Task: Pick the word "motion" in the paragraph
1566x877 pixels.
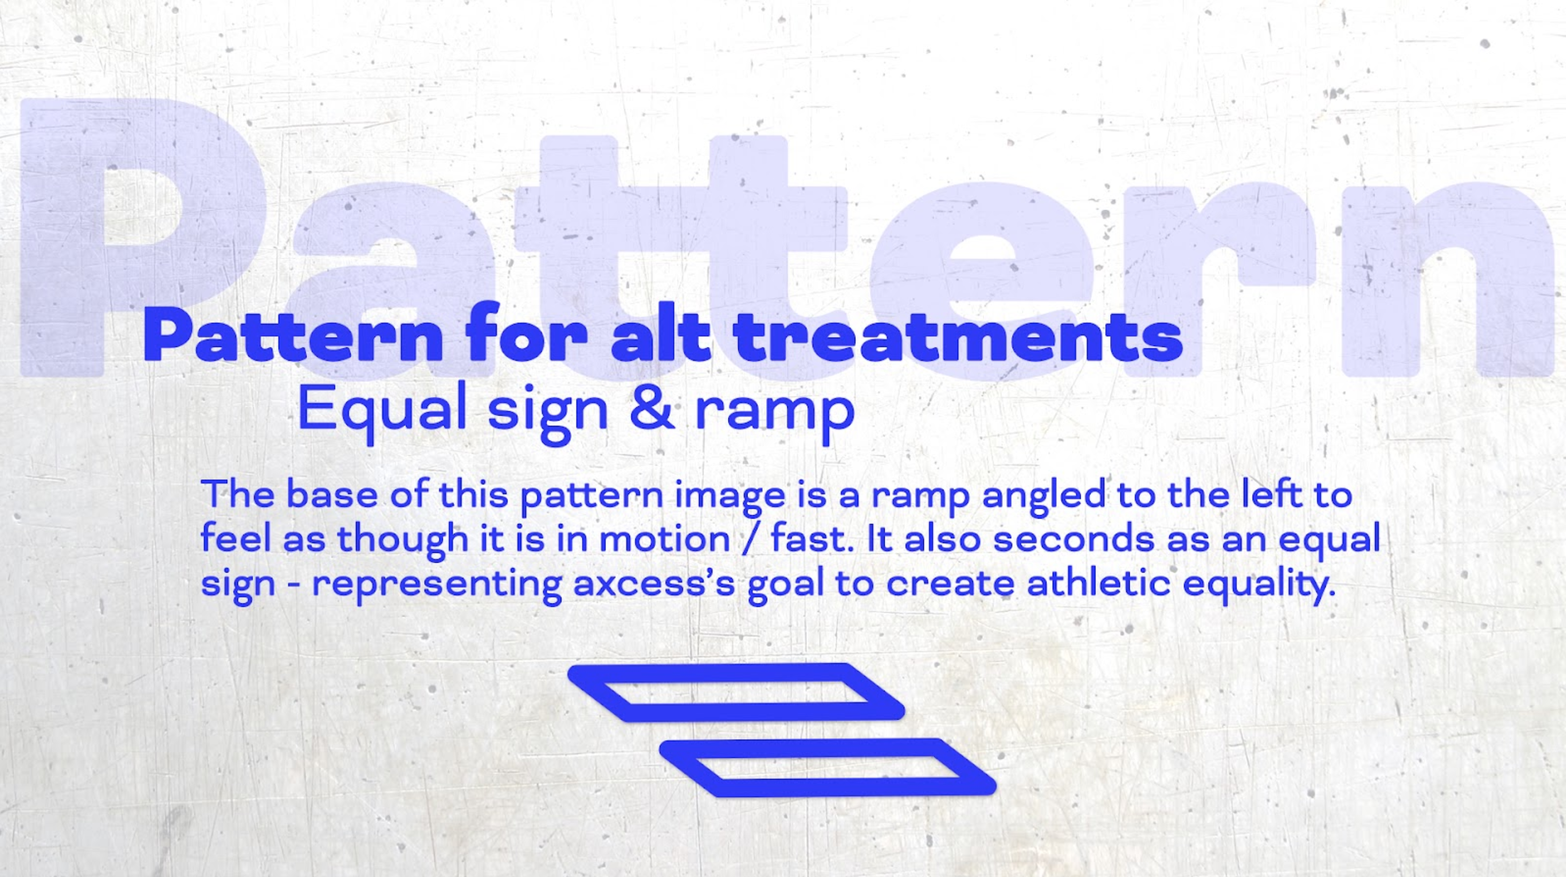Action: coord(665,540)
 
